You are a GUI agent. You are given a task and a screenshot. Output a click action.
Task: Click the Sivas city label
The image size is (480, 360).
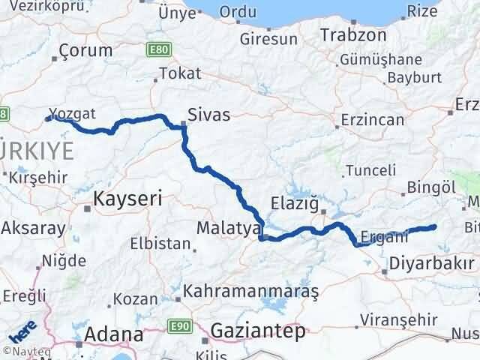click(x=209, y=115)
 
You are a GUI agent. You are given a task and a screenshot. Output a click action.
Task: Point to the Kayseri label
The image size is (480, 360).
click(x=127, y=199)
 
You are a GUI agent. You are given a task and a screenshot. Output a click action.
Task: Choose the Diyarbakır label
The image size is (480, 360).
click(x=431, y=264)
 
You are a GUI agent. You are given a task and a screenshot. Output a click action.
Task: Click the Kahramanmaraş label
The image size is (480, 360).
click(x=251, y=289)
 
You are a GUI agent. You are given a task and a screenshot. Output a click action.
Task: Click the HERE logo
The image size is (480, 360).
click(x=22, y=330)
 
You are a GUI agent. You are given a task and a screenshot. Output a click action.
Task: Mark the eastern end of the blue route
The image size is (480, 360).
click(x=433, y=226)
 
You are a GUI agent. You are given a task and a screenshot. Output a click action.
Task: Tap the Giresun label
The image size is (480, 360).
click(x=269, y=38)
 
